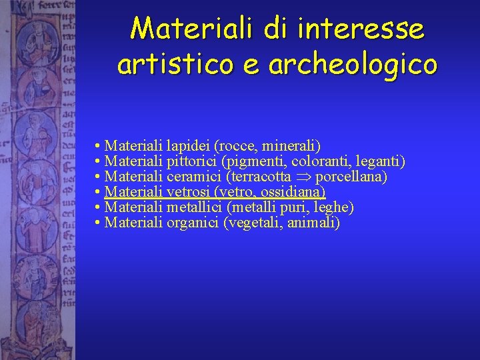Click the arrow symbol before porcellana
click(x=303, y=177)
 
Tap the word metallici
click(x=194, y=207)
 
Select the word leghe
click(x=333, y=207)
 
